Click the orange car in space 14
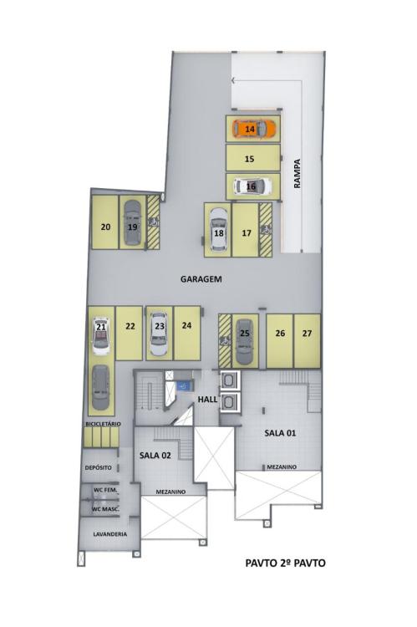click(x=254, y=129)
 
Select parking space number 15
click(x=252, y=158)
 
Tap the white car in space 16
click(x=252, y=186)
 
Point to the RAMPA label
click(x=297, y=174)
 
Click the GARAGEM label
click(x=201, y=279)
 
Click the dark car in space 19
click(x=132, y=222)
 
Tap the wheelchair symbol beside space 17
click(x=266, y=230)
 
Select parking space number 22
click(x=130, y=333)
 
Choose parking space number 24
click(x=187, y=333)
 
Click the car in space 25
click(x=244, y=341)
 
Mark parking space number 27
click(x=307, y=341)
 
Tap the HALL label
click(x=207, y=399)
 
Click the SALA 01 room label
click(x=280, y=433)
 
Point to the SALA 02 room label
click(x=155, y=455)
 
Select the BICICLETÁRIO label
click(x=103, y=424)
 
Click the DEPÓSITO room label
click(x=99, y=467)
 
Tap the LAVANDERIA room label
click(x=110, y=534)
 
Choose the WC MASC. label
click(x=105, y=509)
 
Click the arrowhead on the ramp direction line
click(x=233, y=81)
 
